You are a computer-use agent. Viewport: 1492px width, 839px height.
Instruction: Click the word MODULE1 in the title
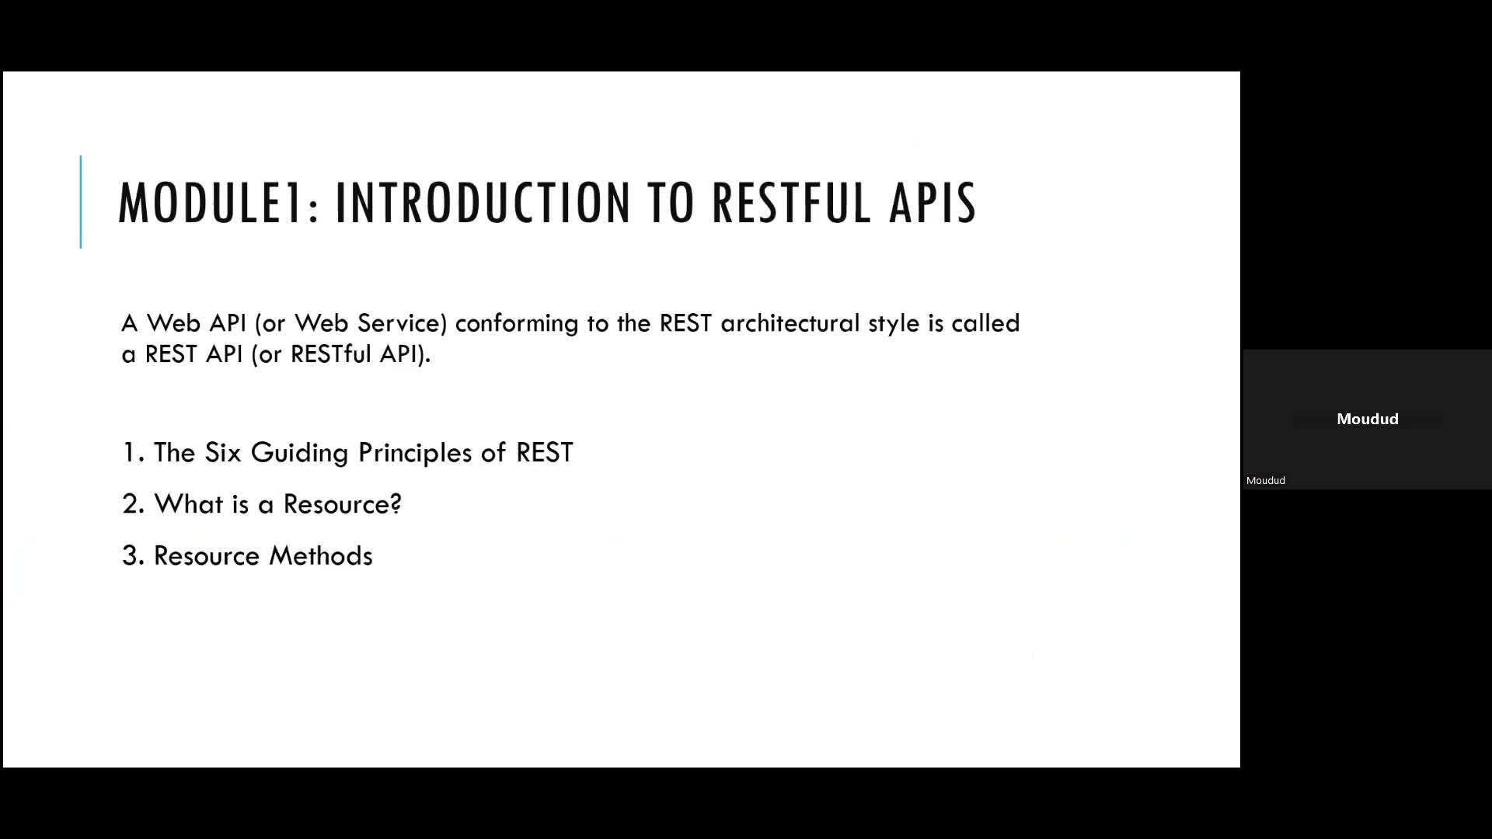tap(211, 204)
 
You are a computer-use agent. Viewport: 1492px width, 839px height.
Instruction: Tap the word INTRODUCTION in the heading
tap(483, 204)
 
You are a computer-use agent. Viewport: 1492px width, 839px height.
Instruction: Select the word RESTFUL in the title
tap(791, 204)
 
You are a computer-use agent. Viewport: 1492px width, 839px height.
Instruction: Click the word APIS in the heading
tap(932, 204)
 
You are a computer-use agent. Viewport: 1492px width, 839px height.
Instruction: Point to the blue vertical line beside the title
tap(81, 202)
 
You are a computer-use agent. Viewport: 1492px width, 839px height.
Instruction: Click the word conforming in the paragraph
tap(516, 324)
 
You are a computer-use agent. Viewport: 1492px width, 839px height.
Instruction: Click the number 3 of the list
tap(132, 556)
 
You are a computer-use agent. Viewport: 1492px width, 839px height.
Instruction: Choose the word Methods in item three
tap(320, 556)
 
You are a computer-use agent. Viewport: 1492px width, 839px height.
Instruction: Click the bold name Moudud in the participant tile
tap(1367, 419)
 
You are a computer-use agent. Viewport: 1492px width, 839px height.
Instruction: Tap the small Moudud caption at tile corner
tap(1265, 481)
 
